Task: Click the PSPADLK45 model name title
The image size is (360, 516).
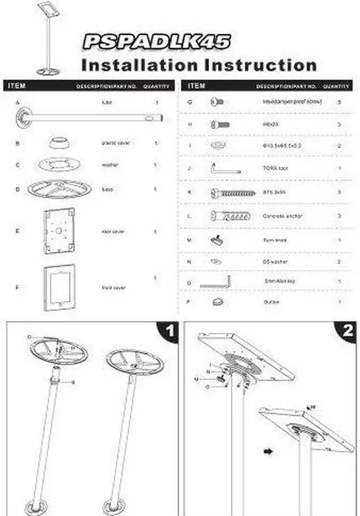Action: pos(156,42)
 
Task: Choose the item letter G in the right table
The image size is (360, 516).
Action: pos(190,103)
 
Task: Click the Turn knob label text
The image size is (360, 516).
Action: pos(274,240)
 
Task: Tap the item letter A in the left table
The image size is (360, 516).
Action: pos(17,103)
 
